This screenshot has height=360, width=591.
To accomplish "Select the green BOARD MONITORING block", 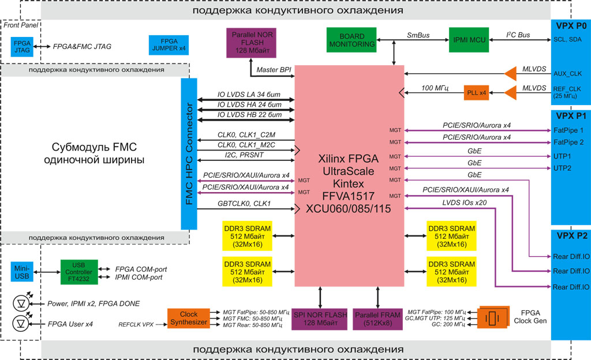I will pos(351,40).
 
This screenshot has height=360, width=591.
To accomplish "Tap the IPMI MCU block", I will pos(468,40).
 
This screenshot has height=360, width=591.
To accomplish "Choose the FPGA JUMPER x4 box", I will pos(169,45).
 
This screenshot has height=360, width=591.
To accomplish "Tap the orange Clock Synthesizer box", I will pos(188,318).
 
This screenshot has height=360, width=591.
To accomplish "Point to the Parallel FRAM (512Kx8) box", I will pos(377,318).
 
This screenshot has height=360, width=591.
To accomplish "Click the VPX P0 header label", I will pos(570,27).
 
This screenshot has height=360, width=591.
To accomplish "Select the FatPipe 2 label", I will pos(568,142).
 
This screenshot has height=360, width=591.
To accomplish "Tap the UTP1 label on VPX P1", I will pos(562,156).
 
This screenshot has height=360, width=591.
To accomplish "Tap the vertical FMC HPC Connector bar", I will pos(189,154).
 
